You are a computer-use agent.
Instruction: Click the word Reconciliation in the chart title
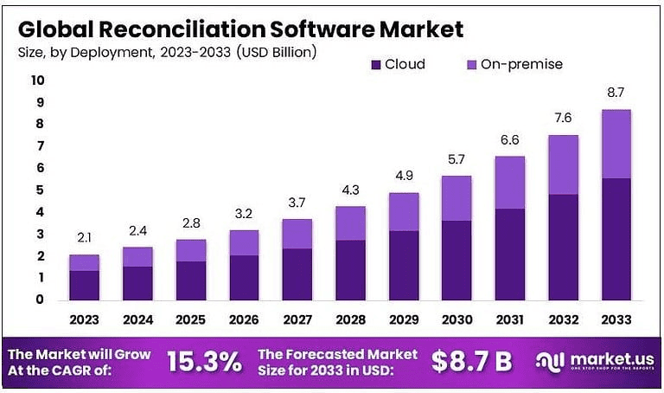point(173,28)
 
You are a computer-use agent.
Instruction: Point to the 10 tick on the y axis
point(37,81)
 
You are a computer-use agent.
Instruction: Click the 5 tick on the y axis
point(39,190)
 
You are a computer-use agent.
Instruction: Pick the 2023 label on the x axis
point(84,320)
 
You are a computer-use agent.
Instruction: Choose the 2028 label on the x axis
point(350,320)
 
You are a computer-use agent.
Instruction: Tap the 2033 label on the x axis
point(616,320)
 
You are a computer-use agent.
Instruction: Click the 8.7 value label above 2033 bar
point(616,93)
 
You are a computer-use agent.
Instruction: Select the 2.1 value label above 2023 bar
point(84,238)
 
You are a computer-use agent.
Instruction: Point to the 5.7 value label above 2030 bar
point(456,159)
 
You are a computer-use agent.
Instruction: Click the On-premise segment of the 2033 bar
point(616,144)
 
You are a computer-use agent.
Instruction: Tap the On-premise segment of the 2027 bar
point(297,234)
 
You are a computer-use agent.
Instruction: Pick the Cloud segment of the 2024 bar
point(137,283)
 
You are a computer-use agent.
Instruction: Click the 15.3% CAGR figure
point(204,362)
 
